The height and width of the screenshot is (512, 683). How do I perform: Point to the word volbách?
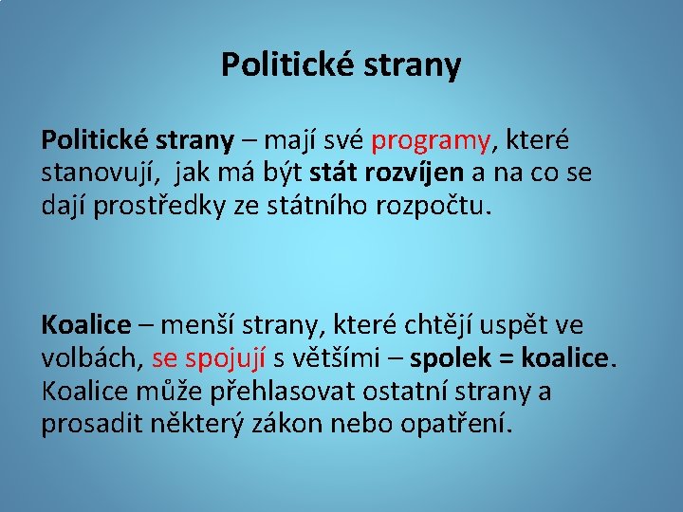[x=91, y=359]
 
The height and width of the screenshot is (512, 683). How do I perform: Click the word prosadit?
[x=91, y=424]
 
